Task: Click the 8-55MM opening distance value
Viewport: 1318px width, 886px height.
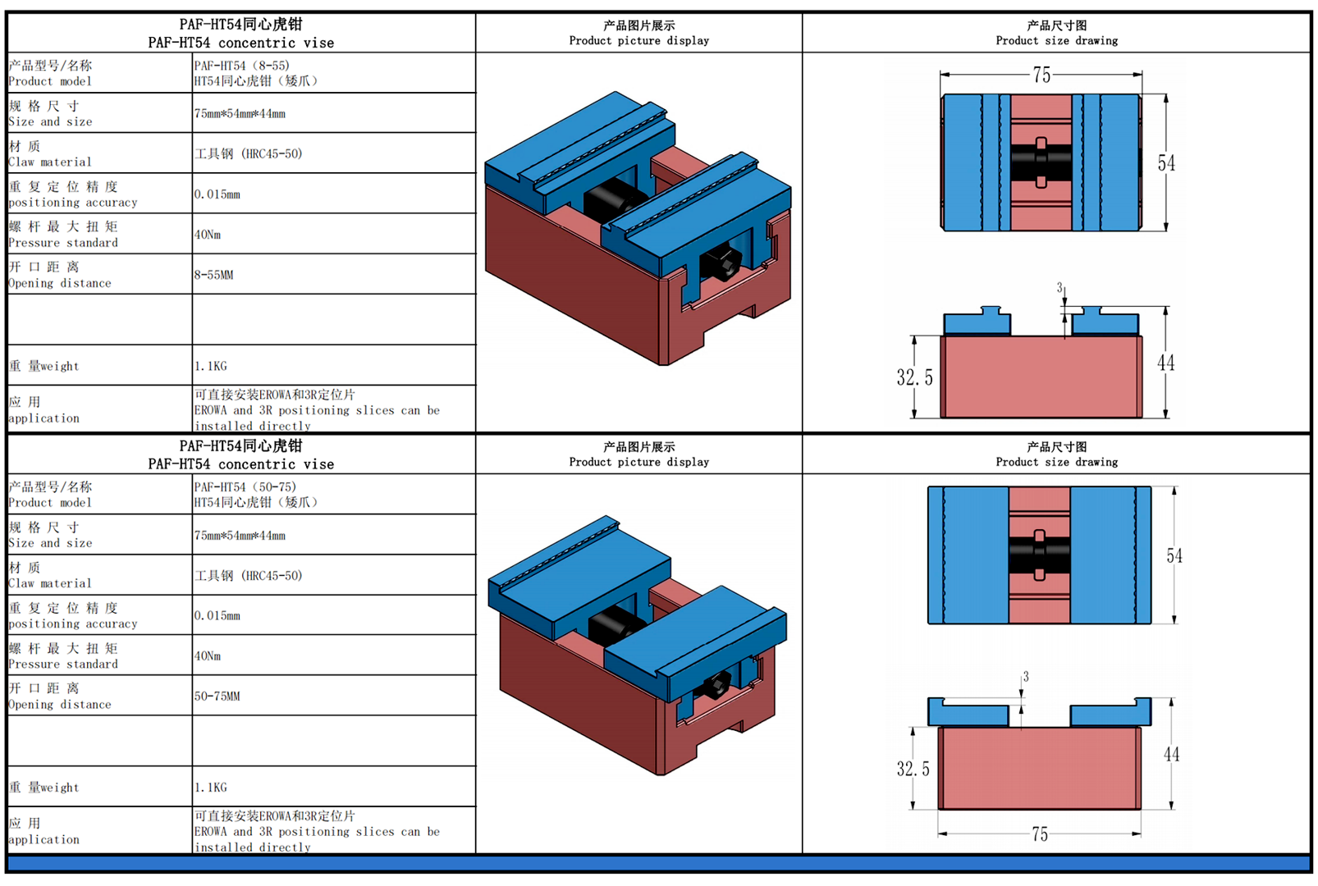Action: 213,275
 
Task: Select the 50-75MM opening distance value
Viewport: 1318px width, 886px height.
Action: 217,696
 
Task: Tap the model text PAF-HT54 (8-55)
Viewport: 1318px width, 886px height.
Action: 241,66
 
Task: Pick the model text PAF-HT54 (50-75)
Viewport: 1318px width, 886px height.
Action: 245,487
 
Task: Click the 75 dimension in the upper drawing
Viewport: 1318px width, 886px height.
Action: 1041,75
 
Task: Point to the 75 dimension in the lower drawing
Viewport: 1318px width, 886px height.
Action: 1040,834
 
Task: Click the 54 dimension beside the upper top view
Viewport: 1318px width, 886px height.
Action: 1166,163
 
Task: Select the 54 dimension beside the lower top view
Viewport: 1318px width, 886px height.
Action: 1174,556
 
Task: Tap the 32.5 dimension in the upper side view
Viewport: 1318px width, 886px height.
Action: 914,377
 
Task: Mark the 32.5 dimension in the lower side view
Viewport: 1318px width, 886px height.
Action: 913,769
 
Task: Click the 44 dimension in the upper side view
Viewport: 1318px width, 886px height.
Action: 1166,363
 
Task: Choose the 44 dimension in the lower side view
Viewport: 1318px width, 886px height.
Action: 1171,754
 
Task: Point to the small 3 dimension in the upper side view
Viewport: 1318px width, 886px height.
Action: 1059,288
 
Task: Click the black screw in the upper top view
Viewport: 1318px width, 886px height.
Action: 1041,162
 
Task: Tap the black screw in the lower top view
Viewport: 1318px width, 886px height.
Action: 1039,555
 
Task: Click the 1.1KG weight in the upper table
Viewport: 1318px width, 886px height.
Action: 210,366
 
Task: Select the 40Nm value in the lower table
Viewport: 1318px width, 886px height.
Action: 208,656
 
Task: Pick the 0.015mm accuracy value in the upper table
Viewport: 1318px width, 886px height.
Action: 217,194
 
